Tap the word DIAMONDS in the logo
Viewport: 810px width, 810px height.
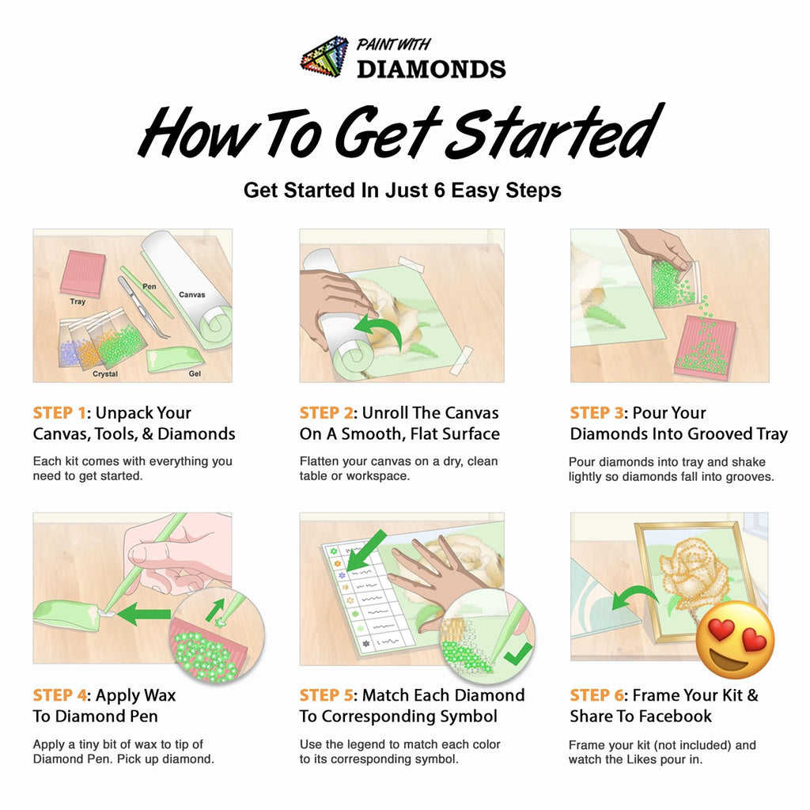point(431,70)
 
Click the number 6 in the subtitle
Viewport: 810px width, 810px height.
point(440,190)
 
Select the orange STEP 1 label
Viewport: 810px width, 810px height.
point(59,413)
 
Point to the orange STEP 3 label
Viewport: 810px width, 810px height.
point(596,413)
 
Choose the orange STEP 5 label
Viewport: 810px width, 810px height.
point(326,695)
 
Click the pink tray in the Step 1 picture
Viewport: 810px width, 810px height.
point(82,273)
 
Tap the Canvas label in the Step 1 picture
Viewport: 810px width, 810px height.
point(191,294)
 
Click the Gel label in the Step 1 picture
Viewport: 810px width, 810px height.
point(195,373)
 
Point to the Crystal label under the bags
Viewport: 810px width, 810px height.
point(105,373)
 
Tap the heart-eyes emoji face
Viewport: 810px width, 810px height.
point(735,639)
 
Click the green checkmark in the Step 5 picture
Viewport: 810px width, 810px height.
point(517,654)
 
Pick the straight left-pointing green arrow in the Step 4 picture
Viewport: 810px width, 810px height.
point(144,614)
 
